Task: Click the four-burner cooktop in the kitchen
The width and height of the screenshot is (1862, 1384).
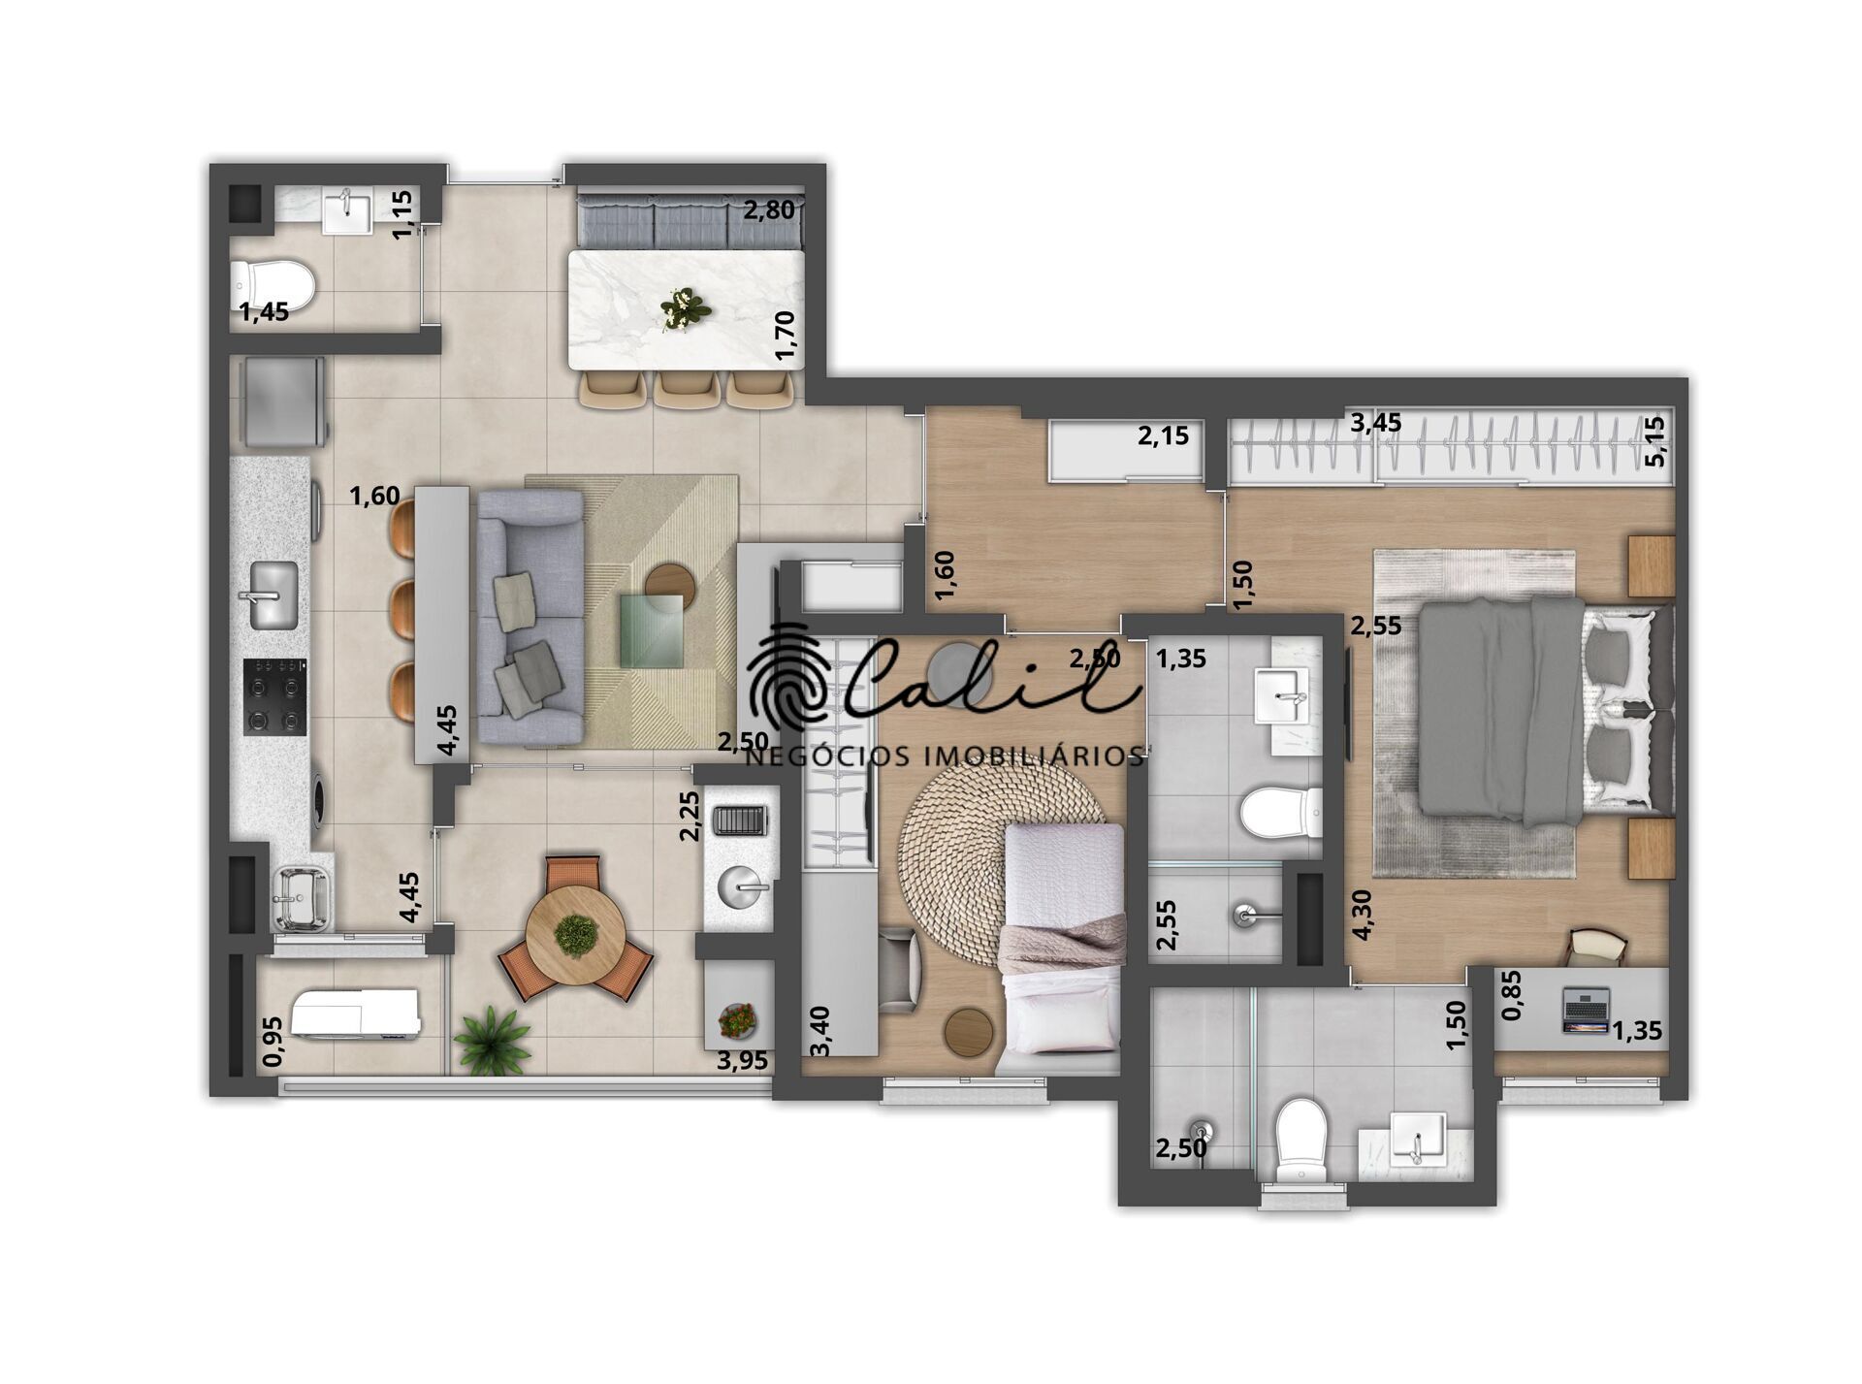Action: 274,695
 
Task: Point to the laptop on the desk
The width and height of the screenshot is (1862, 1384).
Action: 1586,1010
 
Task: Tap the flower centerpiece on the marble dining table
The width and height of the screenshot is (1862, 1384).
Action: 686,308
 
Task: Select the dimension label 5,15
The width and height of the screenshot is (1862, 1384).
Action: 1655,441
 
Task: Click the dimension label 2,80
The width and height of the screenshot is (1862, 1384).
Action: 769,209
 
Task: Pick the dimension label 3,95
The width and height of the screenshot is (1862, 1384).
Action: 742,1060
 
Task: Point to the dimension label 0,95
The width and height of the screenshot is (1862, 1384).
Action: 273,1041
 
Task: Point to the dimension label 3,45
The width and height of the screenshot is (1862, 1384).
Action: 1375,423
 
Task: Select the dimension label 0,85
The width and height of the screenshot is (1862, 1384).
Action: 1511,996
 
